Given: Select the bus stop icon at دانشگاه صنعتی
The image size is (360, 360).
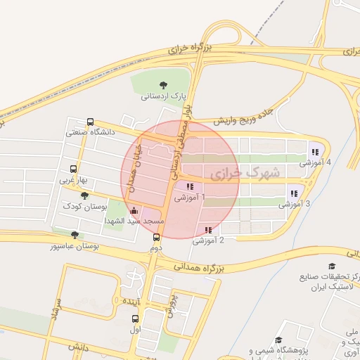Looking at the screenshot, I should pyautogui.click(x=90, y=121).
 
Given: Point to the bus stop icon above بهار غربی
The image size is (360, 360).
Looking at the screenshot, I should pyautogui.click(x=74, y=169).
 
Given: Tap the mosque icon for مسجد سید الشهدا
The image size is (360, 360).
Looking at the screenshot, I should pyautogui.click(x=134, y=210).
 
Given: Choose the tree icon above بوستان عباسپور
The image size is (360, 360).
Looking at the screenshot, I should pyautogui.click(x=75, y=235).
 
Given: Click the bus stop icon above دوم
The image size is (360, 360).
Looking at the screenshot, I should pyautogui.click(x=156, y=237).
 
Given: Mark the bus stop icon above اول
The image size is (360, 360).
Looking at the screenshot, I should pyautogui.click(x=134, y=318).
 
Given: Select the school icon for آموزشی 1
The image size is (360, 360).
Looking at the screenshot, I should pyautogui.click(x=190, y=186).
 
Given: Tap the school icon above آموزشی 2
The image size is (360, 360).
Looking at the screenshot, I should pyautogui.click(x=208, y=230).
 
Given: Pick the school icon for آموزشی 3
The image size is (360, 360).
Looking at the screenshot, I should pyautogui.click(x=294, y=193).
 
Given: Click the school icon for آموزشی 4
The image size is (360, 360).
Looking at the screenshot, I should pyautogui.click(x=314, y=151).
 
